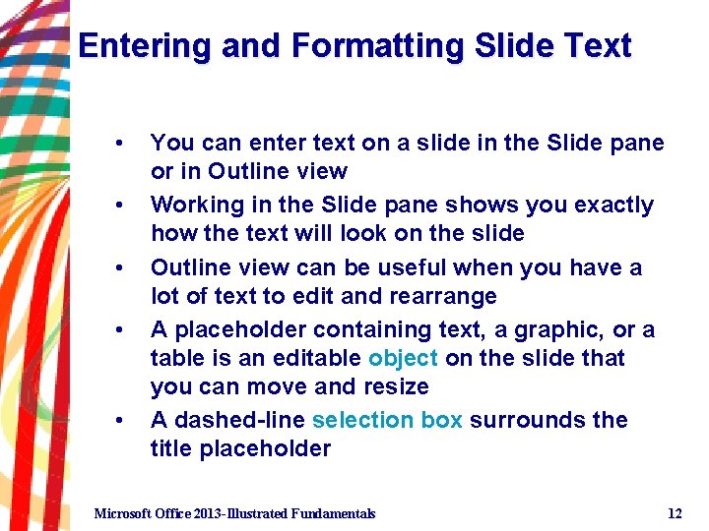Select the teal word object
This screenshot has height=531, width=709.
pos(403,358)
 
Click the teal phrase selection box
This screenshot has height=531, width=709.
pos(387,420)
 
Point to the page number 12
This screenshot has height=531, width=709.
pos(675,513)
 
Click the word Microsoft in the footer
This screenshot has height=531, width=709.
pos(123,513)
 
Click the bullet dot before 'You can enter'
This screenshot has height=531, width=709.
pos(119,144)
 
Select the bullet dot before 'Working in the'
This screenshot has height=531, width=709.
pos(119,206)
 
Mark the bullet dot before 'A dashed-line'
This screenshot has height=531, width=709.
pos(119,421)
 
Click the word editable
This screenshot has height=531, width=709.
pos(321,358)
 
